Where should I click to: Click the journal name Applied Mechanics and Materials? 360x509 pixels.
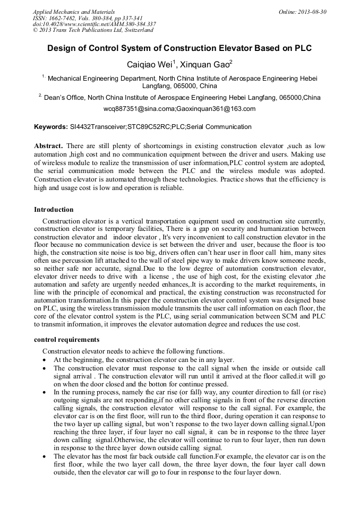(73, 11)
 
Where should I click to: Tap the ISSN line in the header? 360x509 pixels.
(87, 18)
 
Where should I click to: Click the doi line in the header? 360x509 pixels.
(94, 24)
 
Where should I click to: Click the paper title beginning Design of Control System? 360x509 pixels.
(179, 48)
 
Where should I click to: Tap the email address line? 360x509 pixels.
(179, 109)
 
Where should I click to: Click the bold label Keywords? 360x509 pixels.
(51, 127)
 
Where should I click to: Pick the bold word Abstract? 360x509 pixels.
(48, 146)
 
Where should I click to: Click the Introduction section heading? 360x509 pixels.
(54, 210)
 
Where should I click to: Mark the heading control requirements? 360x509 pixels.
(66, 340)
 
